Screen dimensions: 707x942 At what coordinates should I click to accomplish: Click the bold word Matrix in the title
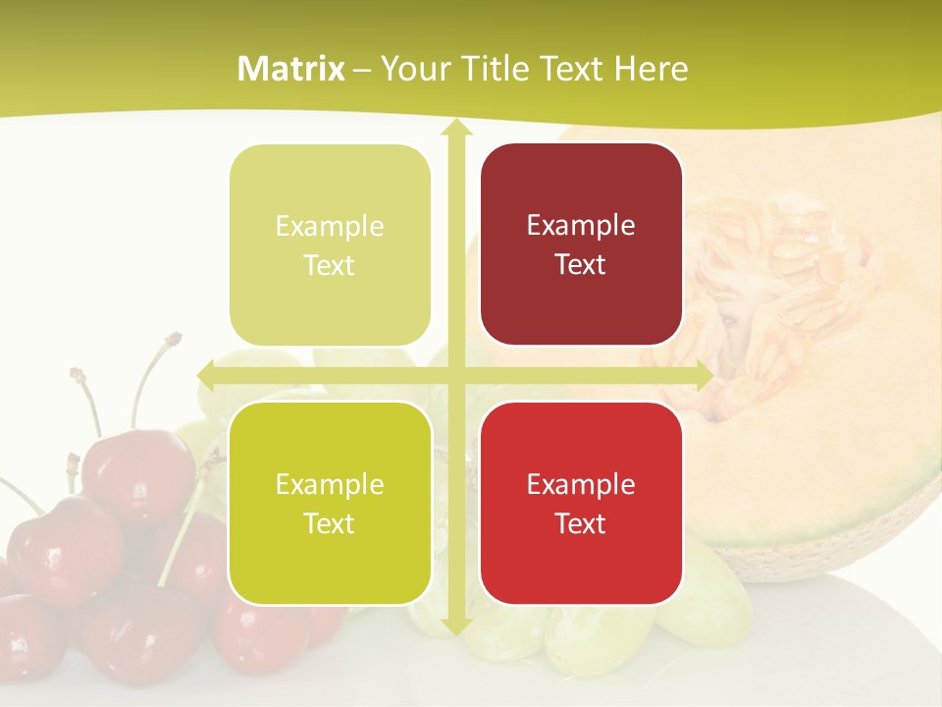pos(291,69)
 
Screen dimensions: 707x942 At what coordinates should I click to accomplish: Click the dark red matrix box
pos(581,245)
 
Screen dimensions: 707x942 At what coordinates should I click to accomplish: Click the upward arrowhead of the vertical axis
pos(454,131)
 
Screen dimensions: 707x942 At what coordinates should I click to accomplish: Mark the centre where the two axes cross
pos(454,374)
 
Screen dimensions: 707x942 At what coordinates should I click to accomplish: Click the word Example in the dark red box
pos(581,226)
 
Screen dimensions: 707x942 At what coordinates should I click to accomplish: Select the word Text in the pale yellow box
pos(330,266)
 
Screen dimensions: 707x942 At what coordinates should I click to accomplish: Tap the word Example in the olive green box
pos(330,484)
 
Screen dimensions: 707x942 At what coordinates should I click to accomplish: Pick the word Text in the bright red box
pos(581,524)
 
